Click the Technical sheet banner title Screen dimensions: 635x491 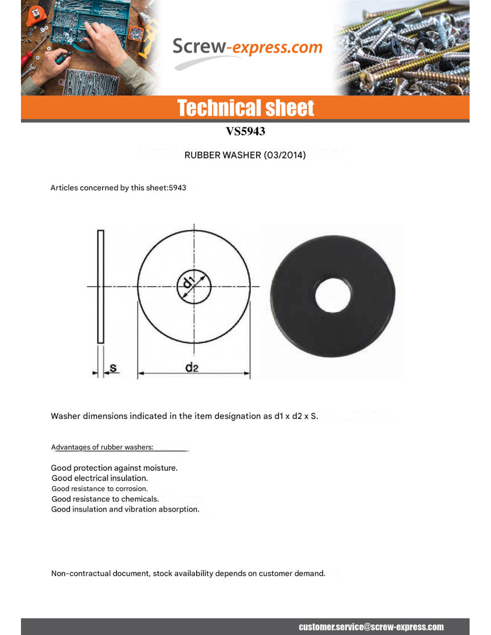point(245,108)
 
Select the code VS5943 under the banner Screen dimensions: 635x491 point(245,131)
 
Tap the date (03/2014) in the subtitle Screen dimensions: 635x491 point(285,155)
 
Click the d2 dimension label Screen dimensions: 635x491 point(191,368)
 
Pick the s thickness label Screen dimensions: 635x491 point(113,368)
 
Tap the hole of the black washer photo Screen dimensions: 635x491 point(333,295)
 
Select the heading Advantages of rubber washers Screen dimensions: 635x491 point(102,447)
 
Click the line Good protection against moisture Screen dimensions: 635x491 point(114,468)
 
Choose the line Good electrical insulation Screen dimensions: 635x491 point(100,478)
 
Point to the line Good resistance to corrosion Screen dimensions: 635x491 point(100,489)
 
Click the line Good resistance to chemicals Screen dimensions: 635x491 point(105,499)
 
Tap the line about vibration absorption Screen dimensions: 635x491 point(125,510)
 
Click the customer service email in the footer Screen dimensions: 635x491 point(371,627)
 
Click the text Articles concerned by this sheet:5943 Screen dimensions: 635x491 point(118,188)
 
